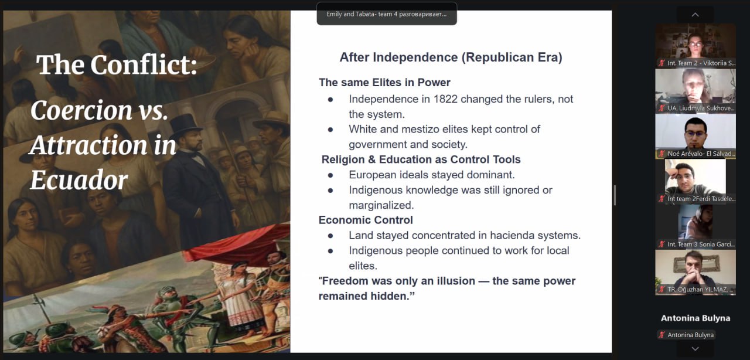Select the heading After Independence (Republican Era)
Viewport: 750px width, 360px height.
[x=451, y=57]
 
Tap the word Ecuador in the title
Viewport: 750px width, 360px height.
[x=79, y=180]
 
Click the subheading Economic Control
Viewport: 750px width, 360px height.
[x=366, y=220]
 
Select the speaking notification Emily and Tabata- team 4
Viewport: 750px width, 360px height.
[x=387, y=14]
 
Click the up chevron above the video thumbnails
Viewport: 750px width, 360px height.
[x=695, y=15]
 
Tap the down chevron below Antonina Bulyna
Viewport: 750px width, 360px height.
[x=695, y=349]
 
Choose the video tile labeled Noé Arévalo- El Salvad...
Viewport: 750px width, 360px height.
[x=696, y=136]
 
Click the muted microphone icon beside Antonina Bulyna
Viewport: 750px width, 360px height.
[x=662, y=335]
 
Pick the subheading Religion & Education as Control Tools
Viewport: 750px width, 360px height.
[x=421, y=159]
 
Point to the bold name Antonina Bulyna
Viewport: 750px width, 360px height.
[x=696, y=318]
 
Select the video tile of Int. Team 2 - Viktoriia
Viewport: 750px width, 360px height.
[x=696, y=45]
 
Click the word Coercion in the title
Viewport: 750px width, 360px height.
[x=81, y=110]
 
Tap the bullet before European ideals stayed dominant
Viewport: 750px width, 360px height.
[x=330, y=175]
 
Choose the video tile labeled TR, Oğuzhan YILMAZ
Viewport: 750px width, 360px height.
[x=696, y=272]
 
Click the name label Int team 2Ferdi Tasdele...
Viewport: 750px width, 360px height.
[x=701, y=199]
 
